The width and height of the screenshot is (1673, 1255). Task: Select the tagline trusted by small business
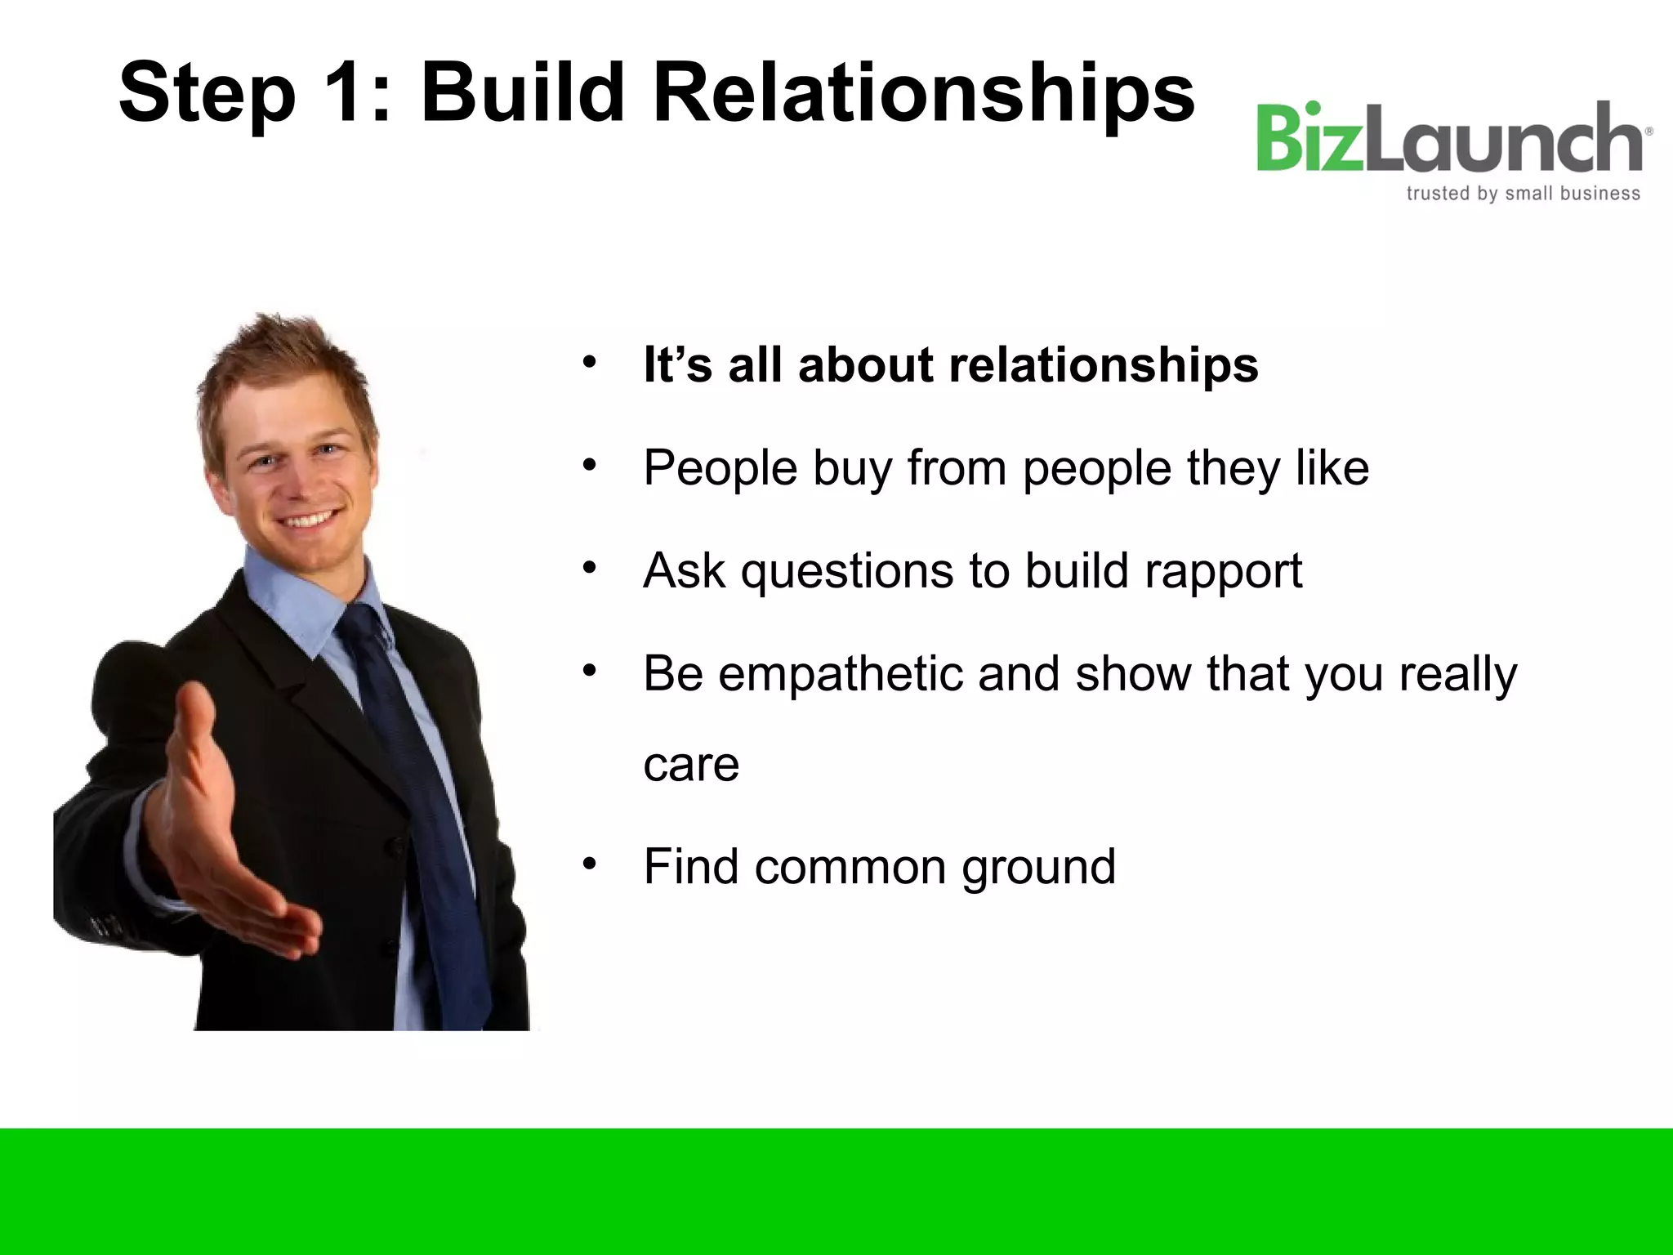click(1523, 194)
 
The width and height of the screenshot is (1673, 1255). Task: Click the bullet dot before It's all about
click(590, 362)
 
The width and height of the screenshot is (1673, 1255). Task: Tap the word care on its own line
click(691, 765)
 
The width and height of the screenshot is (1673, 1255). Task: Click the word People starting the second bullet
click(720, 468)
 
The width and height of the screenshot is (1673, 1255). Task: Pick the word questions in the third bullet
click(846, 570)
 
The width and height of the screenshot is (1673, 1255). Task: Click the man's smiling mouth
click(310, 520)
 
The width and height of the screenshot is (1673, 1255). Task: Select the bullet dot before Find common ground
click(590, 864)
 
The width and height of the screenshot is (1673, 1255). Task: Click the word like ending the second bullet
click(1332, 468)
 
